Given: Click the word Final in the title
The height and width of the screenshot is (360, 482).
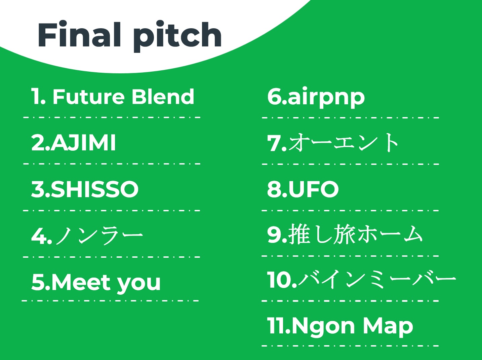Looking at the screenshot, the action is click(79, 34).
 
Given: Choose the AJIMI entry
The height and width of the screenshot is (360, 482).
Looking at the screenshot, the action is click(83, 143).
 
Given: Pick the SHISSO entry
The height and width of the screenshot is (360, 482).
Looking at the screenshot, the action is click(95, 189).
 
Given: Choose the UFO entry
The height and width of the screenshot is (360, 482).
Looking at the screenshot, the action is click(314, 189).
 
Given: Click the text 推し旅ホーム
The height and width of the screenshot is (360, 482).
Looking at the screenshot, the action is click(355, 235).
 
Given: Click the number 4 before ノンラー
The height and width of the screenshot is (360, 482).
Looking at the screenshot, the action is click(40, 236).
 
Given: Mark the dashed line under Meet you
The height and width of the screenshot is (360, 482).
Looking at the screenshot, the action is click(110, 301).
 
